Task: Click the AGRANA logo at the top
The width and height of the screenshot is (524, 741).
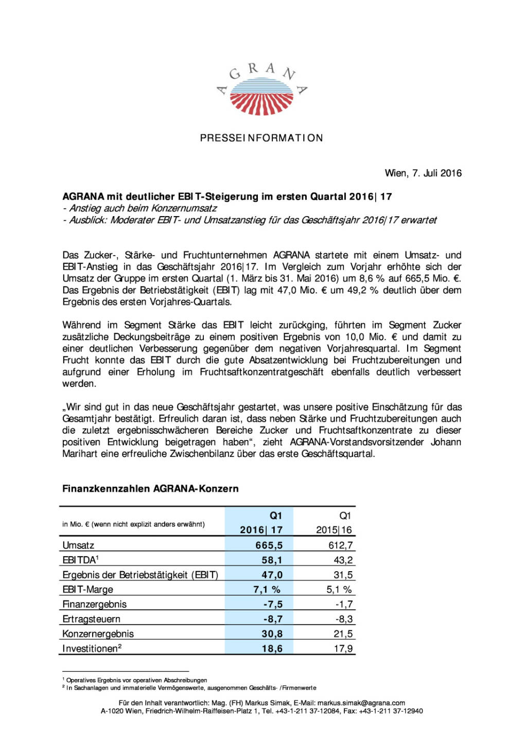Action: tap(261, 89)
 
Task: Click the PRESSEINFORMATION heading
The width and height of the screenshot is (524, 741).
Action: tap(261, 138)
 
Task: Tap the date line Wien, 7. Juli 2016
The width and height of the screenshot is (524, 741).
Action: tap(423, 173)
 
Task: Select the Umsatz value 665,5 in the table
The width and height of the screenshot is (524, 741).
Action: tap(269, 545)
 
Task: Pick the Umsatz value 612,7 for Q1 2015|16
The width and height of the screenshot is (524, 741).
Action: tap(340, 545)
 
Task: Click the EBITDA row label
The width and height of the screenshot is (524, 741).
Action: tap(80, 560)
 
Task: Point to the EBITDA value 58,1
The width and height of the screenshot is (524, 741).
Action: tap(272, 560)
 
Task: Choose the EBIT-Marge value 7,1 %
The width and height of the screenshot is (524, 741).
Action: tap(267, 590)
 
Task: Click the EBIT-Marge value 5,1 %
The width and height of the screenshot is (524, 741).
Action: tap(339, 590)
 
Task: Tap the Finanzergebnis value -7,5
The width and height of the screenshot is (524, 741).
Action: tap(273, 605)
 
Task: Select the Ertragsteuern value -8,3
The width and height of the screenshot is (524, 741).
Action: tap(344, 619)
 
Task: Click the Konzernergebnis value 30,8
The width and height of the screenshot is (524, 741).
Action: tap(272, 634)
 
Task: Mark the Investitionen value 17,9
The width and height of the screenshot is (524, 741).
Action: tap(343, 649)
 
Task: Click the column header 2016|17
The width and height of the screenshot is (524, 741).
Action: tap(261, 530)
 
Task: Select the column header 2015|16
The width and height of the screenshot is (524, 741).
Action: tap(334, 530)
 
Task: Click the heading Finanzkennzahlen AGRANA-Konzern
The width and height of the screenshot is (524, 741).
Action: tap(150, 489)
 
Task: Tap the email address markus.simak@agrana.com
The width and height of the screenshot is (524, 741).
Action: tap(361, 703)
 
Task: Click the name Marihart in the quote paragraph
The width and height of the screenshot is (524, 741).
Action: tap(80, 454)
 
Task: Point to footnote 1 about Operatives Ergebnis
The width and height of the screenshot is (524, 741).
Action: tap(136, 680)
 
